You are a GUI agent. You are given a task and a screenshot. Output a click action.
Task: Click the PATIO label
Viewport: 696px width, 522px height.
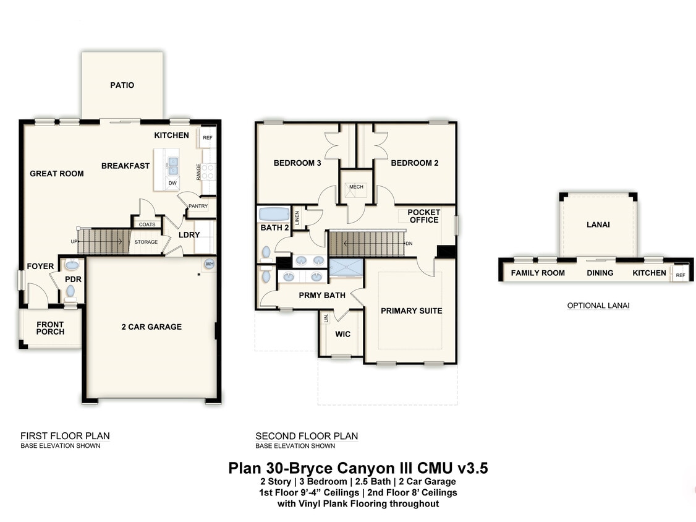[x=122, y=85]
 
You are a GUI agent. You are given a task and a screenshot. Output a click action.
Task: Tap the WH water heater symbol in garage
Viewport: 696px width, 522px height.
[x=208, y=264]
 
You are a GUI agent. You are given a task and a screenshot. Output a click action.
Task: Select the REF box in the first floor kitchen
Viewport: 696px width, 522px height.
[x=207, y=137]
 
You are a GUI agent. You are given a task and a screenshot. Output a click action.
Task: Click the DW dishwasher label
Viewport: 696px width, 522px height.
[x=173, y=184]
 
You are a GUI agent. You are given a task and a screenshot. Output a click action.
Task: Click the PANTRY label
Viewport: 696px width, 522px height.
[x=198, y=206]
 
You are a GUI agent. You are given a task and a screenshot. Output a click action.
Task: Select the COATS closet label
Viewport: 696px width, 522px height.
[x=147, y=225]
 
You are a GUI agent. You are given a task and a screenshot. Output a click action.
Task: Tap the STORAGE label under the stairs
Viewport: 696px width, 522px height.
[x=146, y=242]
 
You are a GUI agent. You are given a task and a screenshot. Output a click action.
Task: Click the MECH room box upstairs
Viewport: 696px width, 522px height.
[x=356, y=187]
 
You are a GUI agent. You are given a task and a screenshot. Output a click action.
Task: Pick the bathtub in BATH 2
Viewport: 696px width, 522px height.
[x=273, y=214]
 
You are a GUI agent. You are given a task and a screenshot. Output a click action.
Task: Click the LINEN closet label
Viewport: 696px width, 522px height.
[x=297, y=217]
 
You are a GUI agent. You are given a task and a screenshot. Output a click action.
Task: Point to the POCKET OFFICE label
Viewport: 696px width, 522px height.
[x=423, y=216]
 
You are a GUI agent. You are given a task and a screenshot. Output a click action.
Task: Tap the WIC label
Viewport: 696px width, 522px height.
[x=342, y=334]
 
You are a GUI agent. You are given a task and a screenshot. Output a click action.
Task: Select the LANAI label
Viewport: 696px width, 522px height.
[x=598, y=225]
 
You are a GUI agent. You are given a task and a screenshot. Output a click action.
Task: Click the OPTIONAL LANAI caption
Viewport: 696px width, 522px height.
[x=598, y=306]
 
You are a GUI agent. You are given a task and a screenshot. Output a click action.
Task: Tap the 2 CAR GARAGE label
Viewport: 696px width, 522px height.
[x=151, y=327]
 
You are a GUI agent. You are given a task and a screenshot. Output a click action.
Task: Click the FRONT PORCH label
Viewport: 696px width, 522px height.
[x=50, y=328]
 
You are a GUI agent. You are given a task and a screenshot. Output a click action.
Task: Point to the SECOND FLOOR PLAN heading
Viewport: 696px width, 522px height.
[x=307, y=436]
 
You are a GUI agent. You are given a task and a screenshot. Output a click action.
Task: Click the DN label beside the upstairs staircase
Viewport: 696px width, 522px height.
[x=409, y=243]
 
